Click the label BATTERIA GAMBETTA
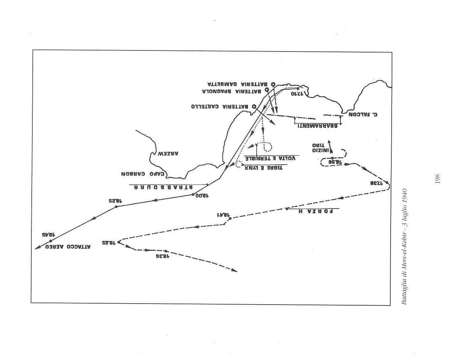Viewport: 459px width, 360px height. [237, 84]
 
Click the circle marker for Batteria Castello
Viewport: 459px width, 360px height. [254, 106]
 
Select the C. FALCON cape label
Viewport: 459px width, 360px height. [363, 115]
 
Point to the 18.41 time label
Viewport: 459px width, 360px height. [223, 214]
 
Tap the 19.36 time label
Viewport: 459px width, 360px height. [163, 256]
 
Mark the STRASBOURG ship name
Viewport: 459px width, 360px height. [163, 187]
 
